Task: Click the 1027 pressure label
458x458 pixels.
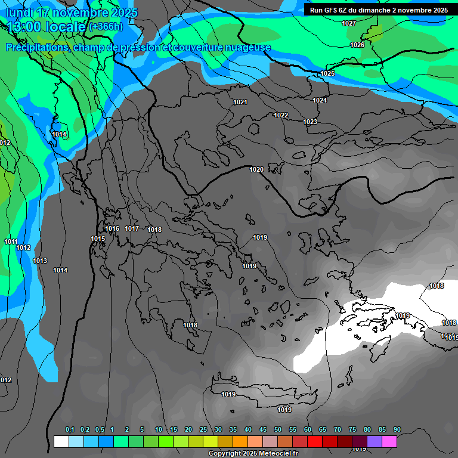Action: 349,23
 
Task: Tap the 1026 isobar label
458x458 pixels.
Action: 357,45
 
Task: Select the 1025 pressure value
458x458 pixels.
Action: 327,73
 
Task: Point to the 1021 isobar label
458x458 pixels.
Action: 240,102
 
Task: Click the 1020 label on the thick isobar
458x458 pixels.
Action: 256,169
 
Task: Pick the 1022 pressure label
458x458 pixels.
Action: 281,115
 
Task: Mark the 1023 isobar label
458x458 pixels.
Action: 310,122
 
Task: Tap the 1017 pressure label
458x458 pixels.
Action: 132,228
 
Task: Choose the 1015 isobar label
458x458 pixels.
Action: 98,239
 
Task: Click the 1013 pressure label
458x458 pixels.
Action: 40,261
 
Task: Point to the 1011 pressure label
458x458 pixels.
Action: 11,242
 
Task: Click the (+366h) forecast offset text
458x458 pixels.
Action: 106,27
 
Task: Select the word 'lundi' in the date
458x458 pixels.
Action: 19,13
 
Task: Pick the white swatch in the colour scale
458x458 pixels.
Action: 61,441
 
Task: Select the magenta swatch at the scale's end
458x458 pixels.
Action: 389,441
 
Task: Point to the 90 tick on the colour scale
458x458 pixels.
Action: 397,430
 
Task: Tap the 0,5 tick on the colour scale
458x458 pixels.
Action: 99,430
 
